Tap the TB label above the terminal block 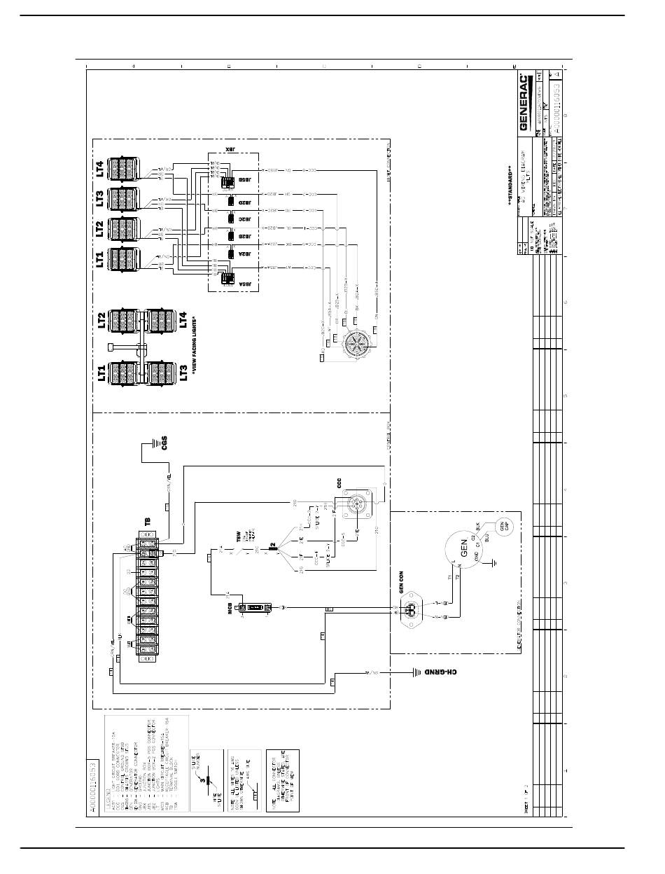click(148, 522)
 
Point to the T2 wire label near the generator click(457, 578)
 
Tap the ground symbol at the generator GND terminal click(493, 562)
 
